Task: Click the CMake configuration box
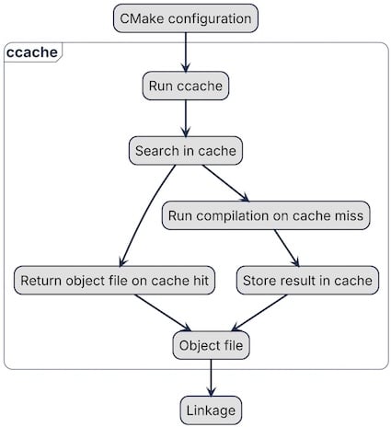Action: pos(185,18)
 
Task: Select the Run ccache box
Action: pos(185,87)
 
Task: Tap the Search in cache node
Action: pos(189,151)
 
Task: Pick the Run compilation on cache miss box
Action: pos(266,216)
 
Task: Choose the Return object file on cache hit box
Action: pos(115,281)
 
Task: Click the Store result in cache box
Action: pos(307,281)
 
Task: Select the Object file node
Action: pos(212,345)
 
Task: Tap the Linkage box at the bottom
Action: pos(212,410)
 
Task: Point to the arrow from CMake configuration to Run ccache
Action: pos(185,52)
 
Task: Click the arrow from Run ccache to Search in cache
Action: pos(186,119)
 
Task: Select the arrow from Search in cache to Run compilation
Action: pos(224,183)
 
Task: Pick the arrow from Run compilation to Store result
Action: pos(287,248)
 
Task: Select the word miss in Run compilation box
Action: pos(348,216)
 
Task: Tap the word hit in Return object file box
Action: pos(201,281)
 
